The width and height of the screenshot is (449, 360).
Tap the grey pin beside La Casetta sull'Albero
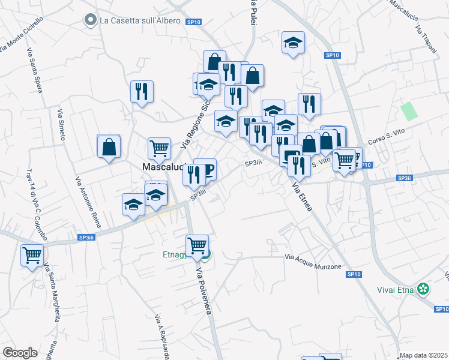coord(91,20)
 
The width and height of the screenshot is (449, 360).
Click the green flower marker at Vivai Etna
coord(424,289)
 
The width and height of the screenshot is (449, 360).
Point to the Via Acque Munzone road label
coord(313,262)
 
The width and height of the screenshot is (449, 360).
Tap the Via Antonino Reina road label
coord(87,202)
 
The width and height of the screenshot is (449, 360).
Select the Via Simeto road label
coord(61,125)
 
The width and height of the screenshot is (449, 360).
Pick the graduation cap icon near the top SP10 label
coord(293,42)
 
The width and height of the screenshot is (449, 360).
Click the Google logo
coord(20,353)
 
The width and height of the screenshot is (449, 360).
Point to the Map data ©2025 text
coord(423,355)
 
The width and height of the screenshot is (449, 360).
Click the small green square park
coord(409,111)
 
